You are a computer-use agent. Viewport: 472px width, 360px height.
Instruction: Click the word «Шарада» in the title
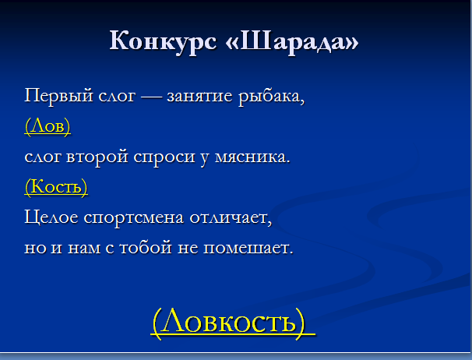click(x=292, y=41)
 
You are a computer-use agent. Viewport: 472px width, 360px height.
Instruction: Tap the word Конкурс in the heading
click(x=163, y=41)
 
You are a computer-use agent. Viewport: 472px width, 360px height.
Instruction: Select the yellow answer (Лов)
click(x=48, y=126)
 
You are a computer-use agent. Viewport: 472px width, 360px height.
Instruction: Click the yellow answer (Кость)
click(x=56, y=186)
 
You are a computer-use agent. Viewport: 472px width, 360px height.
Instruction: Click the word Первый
click(x=58, y=97)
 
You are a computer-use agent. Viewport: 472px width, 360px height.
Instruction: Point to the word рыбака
click(x=272, y=97)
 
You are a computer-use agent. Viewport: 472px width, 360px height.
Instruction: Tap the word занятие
click(x=199, y=97)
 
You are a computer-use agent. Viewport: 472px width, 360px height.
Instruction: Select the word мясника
click(x=252, y=157)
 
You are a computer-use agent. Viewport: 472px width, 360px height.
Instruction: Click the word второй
click(x=97, y=158)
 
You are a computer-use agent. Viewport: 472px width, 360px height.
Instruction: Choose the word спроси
click(x=164, y=158)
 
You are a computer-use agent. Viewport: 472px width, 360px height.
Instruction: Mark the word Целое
click(x=51, y=217)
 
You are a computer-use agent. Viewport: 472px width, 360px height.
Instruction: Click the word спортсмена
click(x=134, y=218)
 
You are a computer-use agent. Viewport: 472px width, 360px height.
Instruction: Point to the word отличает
click(x=231, y=218)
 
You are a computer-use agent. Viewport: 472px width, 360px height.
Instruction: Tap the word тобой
click(x=146, y=248)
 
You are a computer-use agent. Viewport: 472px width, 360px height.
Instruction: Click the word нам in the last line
click(x=84, y=249)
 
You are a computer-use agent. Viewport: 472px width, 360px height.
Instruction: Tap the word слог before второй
click(x=43, y=158)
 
